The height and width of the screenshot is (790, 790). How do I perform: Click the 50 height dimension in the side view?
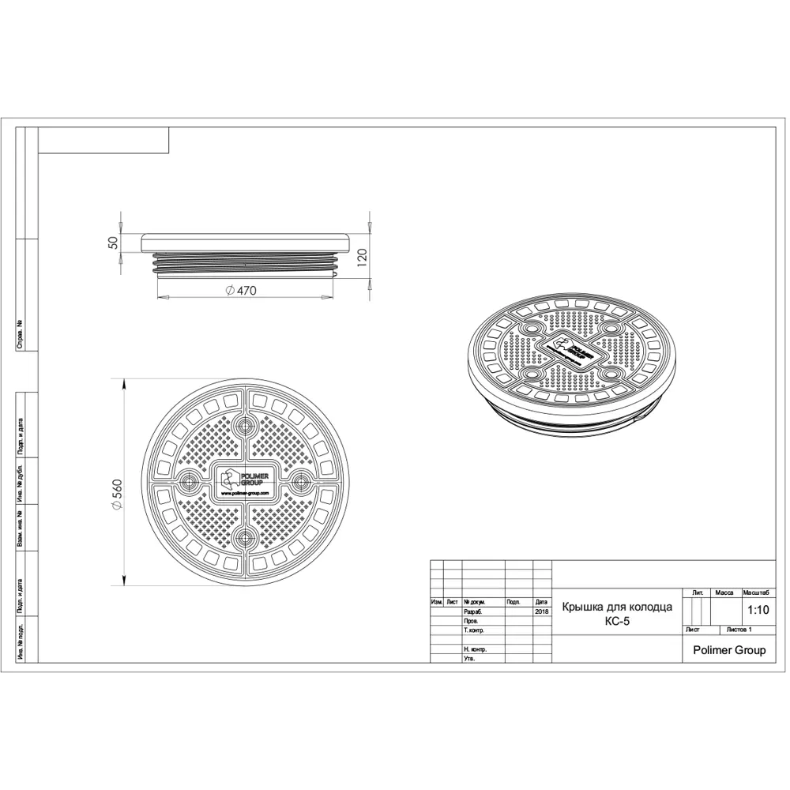(x=113, y=243)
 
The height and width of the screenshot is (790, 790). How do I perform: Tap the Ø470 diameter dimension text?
(x=241, y=291)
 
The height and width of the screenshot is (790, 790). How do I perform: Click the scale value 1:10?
(x=757, y=609)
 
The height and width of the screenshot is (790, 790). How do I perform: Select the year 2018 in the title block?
(x=541, y=611)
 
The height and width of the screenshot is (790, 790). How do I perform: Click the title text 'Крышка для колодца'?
(x=616, y=607)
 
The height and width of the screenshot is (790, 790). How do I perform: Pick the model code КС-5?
(x=616, y=620)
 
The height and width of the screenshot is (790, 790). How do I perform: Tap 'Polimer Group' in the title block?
(x=728, y=650)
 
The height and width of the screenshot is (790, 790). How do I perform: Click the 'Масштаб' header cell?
(x=757, y=592)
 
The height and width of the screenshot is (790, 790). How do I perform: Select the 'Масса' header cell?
(x=724, y=592)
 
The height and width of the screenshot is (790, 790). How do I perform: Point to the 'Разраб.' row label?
(x=475, y=611)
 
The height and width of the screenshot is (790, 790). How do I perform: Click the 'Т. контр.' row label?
(x=476, y=630)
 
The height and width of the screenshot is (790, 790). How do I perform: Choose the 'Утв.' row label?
(x=470, y=658)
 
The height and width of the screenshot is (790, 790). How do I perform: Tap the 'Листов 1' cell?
(x=739, y=630)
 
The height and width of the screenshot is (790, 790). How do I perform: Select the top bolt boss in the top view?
(x=245, y=424)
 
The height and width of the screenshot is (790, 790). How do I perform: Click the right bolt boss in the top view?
(x=301, y=481)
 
